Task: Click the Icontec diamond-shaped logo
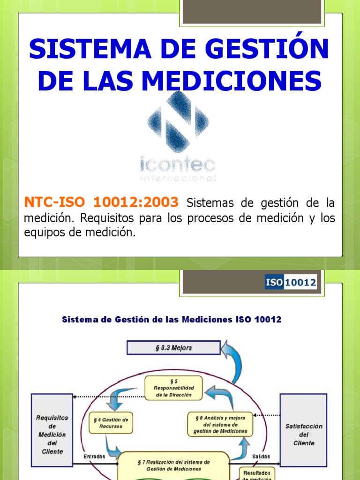click(x=178, y=121)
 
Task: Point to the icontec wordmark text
click(x=178, y=165)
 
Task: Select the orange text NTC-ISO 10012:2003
click(x=101, y=202)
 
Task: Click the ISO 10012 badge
click(x=291, y=283)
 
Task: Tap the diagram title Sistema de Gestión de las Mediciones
click(x=172, y=320)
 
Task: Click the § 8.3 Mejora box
click(x=173, y=348)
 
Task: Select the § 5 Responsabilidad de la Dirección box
click(x=173, y=388)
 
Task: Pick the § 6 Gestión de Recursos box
click(x=111, y=423)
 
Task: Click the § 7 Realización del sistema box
click(x=174, y=465)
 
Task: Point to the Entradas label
click(x=94, y=457)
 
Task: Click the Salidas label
click(x=261, y=457)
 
